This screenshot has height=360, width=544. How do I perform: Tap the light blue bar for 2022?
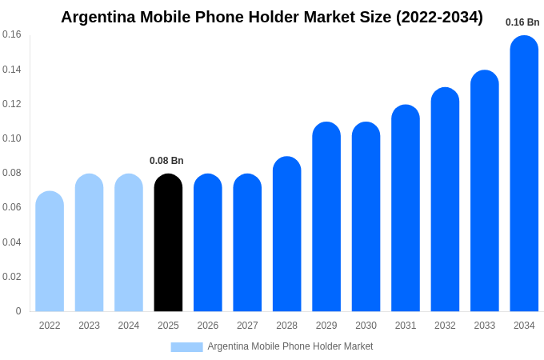[50, 251]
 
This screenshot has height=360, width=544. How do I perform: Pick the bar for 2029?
[326, 217]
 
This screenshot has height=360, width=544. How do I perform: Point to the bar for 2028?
[286, 234]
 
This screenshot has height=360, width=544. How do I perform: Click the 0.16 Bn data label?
[522, 22]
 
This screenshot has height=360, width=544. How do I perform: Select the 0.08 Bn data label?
[166, 161]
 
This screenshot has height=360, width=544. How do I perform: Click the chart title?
[272, 17]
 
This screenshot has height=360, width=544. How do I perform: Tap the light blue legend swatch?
[186, 346]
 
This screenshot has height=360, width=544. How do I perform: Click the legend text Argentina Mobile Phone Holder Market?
[290, 346]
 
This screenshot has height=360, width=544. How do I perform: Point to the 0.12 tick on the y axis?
[12, 104]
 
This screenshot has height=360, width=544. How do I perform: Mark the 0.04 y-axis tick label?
[12, 242]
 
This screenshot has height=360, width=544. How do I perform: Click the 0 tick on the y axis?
[18, 311]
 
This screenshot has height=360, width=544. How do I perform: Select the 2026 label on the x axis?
[208, 326]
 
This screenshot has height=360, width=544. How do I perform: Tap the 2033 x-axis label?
[485, 326]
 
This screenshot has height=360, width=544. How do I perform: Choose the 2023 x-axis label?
[89, 326]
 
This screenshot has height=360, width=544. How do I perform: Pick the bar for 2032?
[445, 199]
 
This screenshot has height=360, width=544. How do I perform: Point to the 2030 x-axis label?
[366, 326]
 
